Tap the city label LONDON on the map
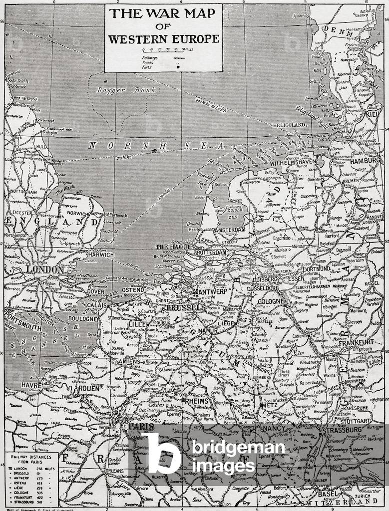tap(45, 269)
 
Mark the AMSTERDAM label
tap(229, 230)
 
